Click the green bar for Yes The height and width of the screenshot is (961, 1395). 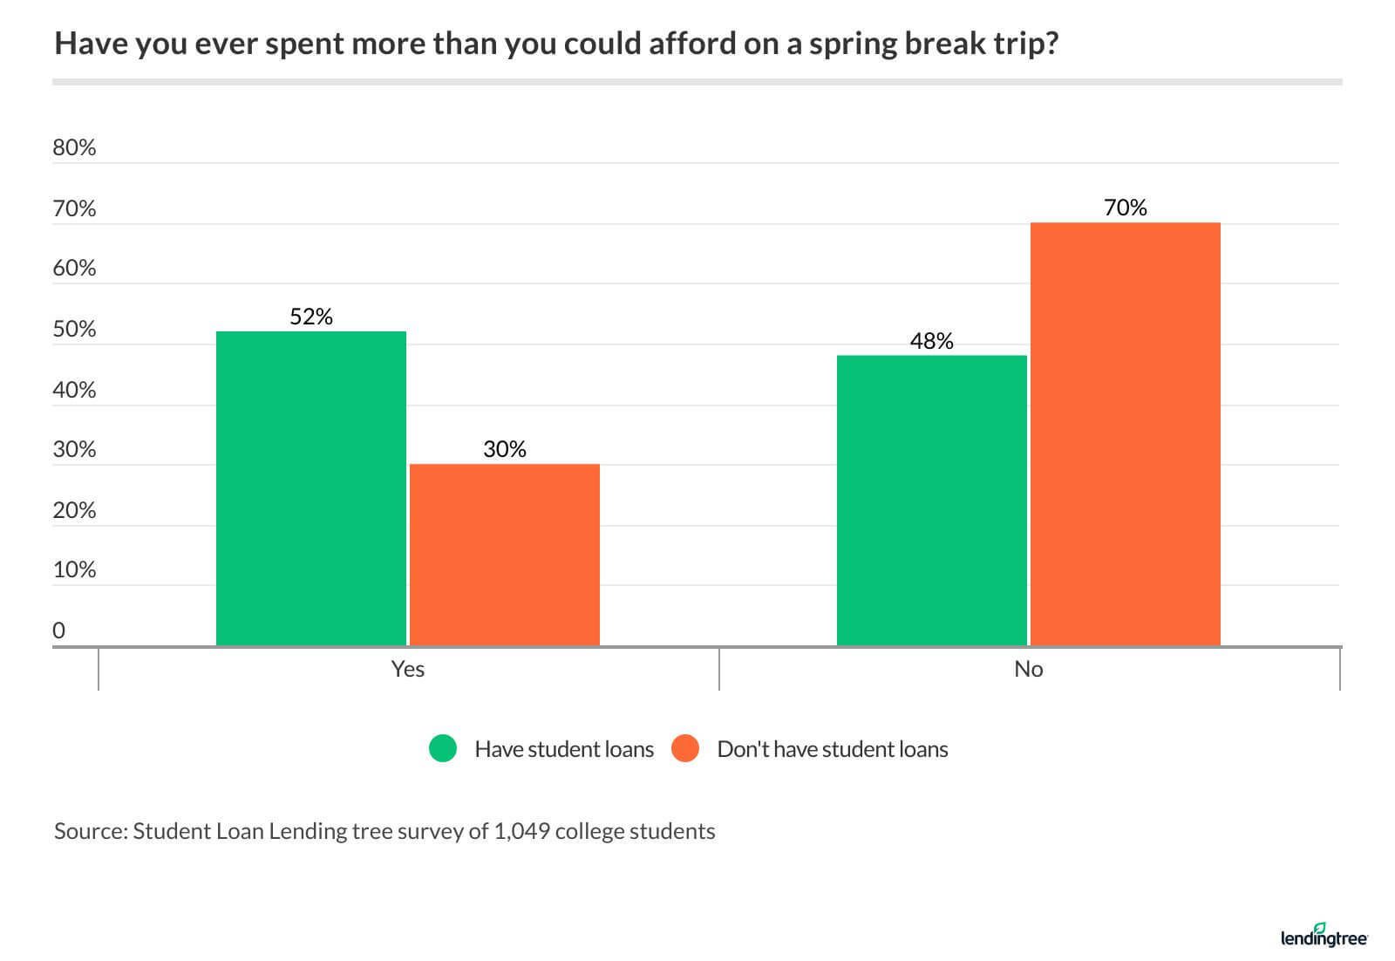tap(311, 488)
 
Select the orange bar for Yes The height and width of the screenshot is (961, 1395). tap(505, 555)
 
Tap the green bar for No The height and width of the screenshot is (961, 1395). tap(931, 501)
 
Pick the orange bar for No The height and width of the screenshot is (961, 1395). tap(1125, 434)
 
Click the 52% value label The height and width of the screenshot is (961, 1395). tap(311, 317)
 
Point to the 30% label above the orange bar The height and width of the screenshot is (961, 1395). tap(505, 450)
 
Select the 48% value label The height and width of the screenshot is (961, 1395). tap(931, 342)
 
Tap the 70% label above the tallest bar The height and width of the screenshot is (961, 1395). tap(1125, 208)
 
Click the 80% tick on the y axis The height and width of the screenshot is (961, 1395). tap(74, 148)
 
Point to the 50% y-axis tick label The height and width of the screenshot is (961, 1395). tap(74, 330)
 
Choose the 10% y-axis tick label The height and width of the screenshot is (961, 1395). tap(74, 570)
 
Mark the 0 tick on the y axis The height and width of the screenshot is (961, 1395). tap(58, 630)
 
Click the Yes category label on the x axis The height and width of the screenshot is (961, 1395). tap(408, 669)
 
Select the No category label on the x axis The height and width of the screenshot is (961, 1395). tap(1029, 669)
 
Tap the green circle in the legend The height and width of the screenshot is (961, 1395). tap(443, 749)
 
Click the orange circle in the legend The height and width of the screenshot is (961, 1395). tap(685, 749)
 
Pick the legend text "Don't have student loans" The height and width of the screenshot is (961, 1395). tap(832, 750)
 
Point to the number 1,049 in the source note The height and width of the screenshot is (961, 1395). tap(521, 831)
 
